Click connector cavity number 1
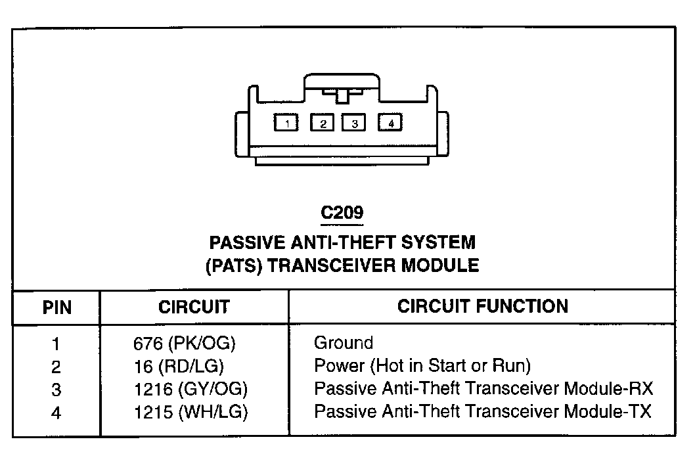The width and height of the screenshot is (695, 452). click(287, 123)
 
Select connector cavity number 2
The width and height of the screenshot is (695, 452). click(323, 123)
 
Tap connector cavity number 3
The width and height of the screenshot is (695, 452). click(353, 123)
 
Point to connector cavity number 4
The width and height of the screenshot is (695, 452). click(390, 122)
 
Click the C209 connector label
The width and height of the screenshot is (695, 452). click(342, 214)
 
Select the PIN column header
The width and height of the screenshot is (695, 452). click(57, 307)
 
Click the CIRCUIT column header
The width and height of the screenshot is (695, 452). click(194, 307)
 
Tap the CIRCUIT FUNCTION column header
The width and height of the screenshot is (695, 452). click(483, 306)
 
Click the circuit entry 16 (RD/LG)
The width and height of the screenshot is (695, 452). click(178, 366)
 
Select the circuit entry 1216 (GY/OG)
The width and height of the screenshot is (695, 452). click(190, 389)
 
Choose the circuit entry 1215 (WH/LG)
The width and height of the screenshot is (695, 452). click(190, 412)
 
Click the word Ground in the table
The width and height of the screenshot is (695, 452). click(344, 343)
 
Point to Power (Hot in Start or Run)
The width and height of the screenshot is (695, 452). click(422, 366)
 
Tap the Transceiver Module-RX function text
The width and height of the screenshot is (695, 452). click(484, 389)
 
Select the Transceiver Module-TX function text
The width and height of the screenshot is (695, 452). click(483, 412)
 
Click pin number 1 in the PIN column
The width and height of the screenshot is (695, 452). click(56, 344)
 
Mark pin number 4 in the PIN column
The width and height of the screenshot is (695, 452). click(56, 413)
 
